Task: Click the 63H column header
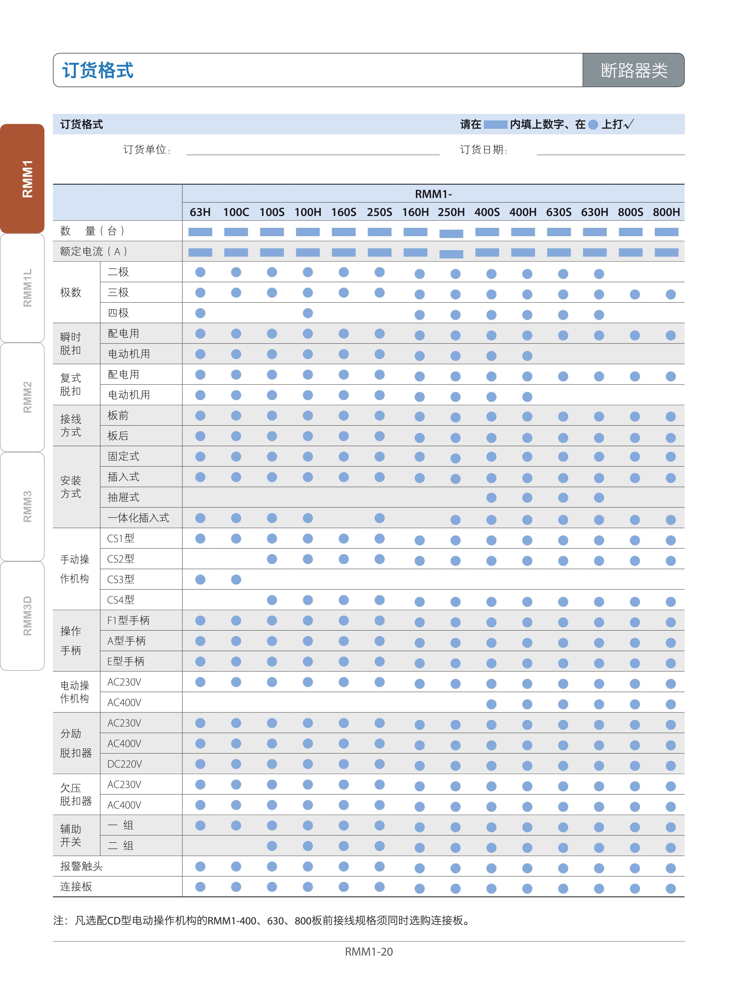click(x=200, y=212)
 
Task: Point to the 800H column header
click(x=666, y=212)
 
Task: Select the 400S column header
click(x=487, y=212)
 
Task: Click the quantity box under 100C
click(x=236, y=232)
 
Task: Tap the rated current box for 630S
click(x=559, y=252)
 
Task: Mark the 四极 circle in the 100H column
click(x=308, y=313)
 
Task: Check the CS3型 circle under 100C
click(x=236, y=580)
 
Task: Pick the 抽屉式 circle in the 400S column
click(x=491, y=498)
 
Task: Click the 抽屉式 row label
click(x=123, y=498)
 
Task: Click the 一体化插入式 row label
click(x=138, y=518)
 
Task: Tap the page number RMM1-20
click(x=368, y=951)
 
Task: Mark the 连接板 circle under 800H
click(x=671, y=889)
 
